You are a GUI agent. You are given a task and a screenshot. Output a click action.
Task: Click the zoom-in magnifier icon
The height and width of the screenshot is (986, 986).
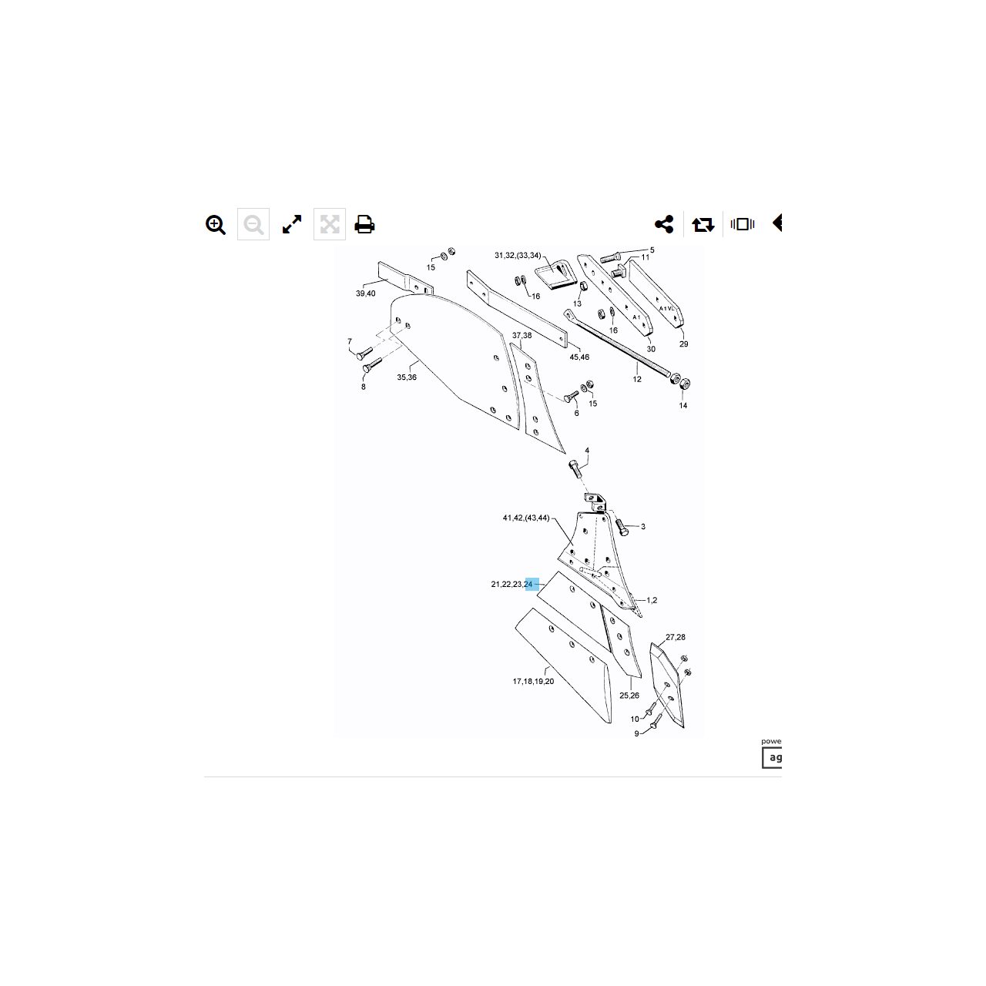pos(216,225)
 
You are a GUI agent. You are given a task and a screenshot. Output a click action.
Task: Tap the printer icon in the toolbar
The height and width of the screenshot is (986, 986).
pos(364,225)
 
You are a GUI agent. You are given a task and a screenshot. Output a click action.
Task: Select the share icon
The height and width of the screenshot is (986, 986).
pos(664,225)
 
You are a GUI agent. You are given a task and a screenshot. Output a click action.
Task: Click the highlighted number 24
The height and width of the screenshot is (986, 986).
pos(528,585)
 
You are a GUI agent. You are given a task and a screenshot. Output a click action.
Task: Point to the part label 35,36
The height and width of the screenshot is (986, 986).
pos(407,377)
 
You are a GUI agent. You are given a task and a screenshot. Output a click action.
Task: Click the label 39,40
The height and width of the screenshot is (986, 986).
pos(365,293)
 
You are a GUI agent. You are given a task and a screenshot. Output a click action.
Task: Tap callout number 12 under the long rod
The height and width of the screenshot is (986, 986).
pos(637,380)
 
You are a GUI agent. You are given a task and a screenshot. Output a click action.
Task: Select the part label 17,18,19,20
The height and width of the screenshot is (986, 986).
pos(533,682)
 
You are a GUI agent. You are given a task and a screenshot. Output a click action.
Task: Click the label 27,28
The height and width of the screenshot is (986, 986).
pos(676,638)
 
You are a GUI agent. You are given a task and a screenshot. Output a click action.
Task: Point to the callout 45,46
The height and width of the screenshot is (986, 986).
pos(579,357)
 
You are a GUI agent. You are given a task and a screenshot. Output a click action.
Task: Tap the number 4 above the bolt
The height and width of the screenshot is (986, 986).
pos(587,451)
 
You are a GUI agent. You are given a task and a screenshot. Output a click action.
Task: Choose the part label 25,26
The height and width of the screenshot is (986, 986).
pos(629,696)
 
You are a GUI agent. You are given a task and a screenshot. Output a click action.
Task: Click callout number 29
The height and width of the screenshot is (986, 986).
pos(683,344)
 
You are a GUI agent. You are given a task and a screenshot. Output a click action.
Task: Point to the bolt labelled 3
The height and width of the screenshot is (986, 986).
pos(622,528)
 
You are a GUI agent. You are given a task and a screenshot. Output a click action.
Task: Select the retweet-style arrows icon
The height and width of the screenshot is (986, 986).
pos(703,225)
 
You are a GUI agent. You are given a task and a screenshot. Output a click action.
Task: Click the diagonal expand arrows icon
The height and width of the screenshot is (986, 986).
pos(292,225)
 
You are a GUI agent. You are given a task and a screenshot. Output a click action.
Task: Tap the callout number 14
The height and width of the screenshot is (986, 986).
pos(683,406)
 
